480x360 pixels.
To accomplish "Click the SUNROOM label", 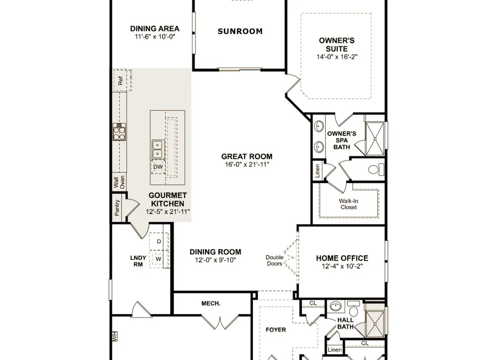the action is pyautogui.click(x=240, y=31).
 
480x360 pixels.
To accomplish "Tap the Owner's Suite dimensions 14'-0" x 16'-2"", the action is pyautogui.click(x=337, y=57).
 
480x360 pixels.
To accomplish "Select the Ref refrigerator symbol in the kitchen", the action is pyautogui.click(x=122, y=80).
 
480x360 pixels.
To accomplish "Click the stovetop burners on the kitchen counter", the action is pyautogui.click(x=119, y=132).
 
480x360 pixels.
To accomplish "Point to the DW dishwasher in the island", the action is pyautogui.click(x=158, y=167).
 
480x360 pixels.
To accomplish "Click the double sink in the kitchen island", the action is pyautogui.click(x=157, y=149).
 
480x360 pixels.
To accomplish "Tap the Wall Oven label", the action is pyautogui.click(x=119, y=182).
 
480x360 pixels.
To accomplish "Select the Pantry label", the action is pyautogui.click(x=117, y=208).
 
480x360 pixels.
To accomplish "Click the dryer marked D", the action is pyautogui.click(x=159, y=241).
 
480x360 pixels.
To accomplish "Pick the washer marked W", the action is pyautogui.click(x=158, y=259).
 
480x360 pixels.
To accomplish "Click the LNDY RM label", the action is pyautogui.click(x=138, y=261).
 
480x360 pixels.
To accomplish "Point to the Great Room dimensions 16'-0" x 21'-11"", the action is pyautogui.click(x=247, y=165).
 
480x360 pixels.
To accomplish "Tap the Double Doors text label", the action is pyautogui.click(x=274, y=261).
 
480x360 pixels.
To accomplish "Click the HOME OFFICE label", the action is pyautogui.click(x=342, y=258).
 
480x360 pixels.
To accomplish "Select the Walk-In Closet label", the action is pyautogui.click(x=348, y=204).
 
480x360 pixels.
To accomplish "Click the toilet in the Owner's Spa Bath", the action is pyautogui.click(x=376, y=169).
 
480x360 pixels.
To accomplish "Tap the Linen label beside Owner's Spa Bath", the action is pyautogui.click(x=317, y=171).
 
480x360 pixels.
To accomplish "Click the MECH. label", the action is pyautogui.click(x=211, y=303).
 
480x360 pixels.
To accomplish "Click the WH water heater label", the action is pyautogui.click(x=115, y=336).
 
